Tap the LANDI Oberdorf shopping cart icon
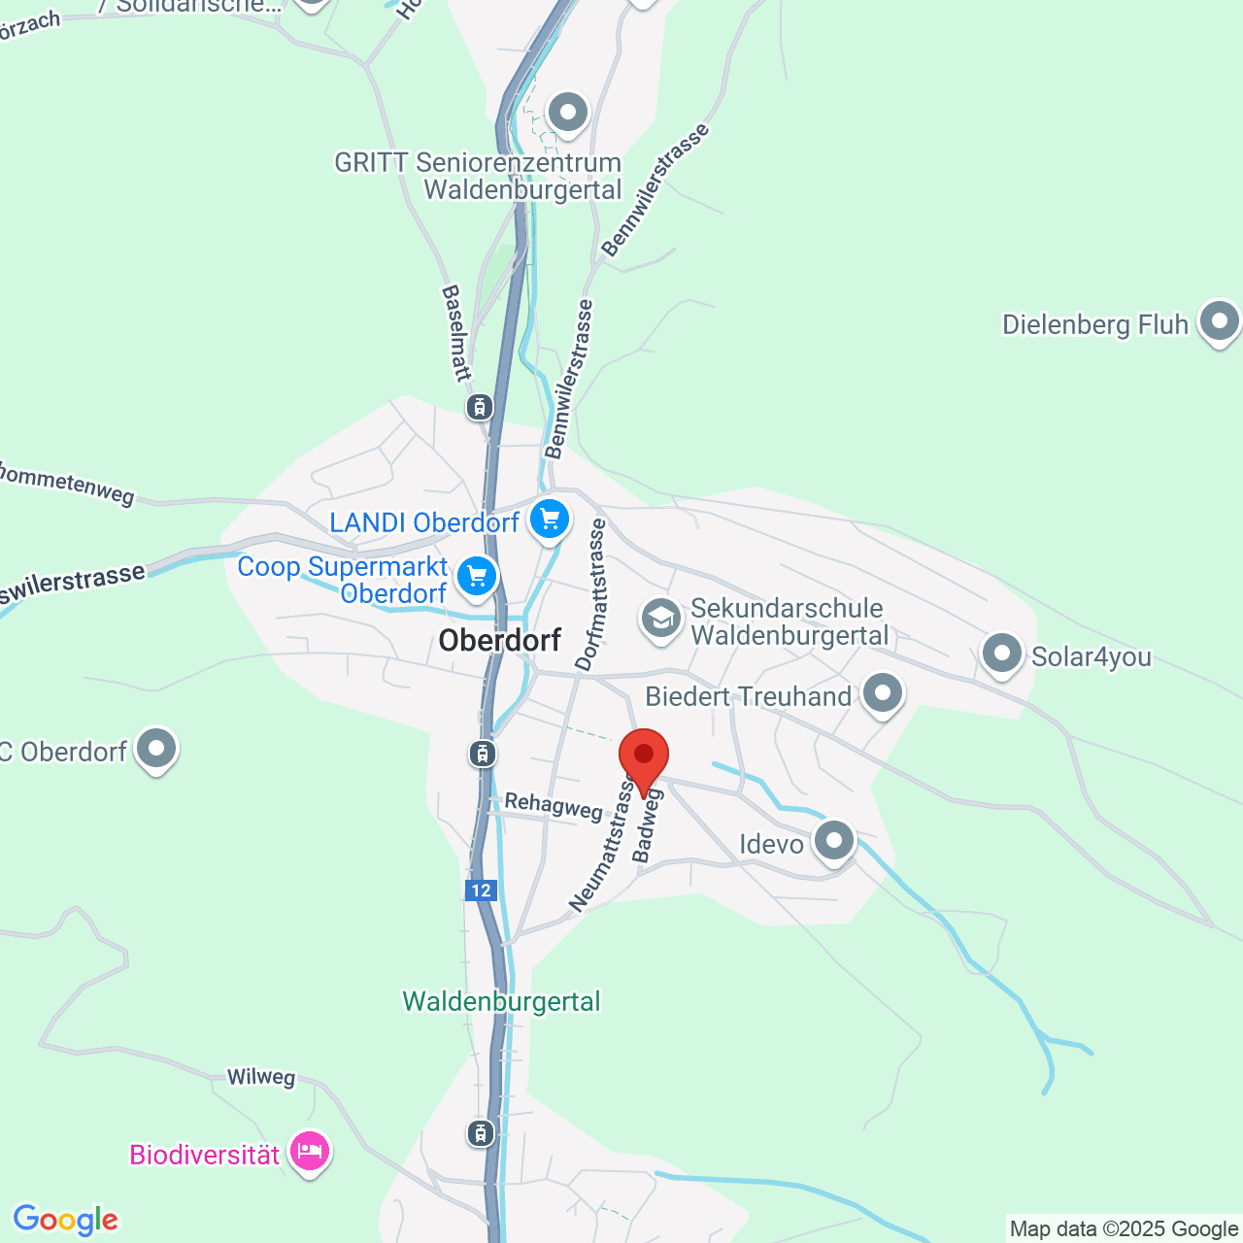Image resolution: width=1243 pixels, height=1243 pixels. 550,520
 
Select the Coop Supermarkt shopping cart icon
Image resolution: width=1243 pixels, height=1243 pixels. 476,577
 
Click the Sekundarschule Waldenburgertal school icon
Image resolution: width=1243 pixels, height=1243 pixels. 661,618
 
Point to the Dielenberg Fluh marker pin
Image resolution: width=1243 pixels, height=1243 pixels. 1219,320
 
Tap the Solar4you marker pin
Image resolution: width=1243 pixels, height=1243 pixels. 1001,654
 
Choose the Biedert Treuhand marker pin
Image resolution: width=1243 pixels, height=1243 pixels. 883,693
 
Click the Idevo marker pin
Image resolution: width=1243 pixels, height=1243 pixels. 833,841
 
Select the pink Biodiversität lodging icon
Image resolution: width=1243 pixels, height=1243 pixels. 310,1152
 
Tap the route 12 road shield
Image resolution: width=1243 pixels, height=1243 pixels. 481,890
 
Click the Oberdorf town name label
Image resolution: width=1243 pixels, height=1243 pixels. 500,641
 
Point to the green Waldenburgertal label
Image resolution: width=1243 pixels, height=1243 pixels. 502,1001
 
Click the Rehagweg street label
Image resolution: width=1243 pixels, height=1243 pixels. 554,805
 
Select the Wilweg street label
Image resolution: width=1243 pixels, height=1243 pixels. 261,1077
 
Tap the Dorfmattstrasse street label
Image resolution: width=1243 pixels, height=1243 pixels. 591,594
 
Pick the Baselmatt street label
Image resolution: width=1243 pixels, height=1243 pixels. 455,332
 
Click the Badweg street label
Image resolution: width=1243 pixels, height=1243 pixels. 647,825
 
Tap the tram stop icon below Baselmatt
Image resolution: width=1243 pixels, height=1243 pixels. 479,406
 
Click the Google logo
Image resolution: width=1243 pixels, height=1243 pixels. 66,1221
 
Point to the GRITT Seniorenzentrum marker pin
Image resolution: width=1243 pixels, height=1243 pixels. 568,113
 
